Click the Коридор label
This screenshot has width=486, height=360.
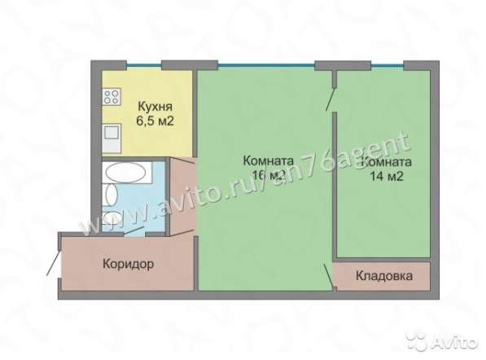click(x=129, y=264)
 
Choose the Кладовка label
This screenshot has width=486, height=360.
click(x=383, y=276)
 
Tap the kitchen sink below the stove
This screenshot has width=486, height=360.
click(x=110, y=138)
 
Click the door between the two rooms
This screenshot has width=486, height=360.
click(x=329, y=98)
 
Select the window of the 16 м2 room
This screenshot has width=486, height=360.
click(x=255, y=65)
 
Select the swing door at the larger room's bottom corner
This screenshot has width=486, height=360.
click(x=329, y=277)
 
